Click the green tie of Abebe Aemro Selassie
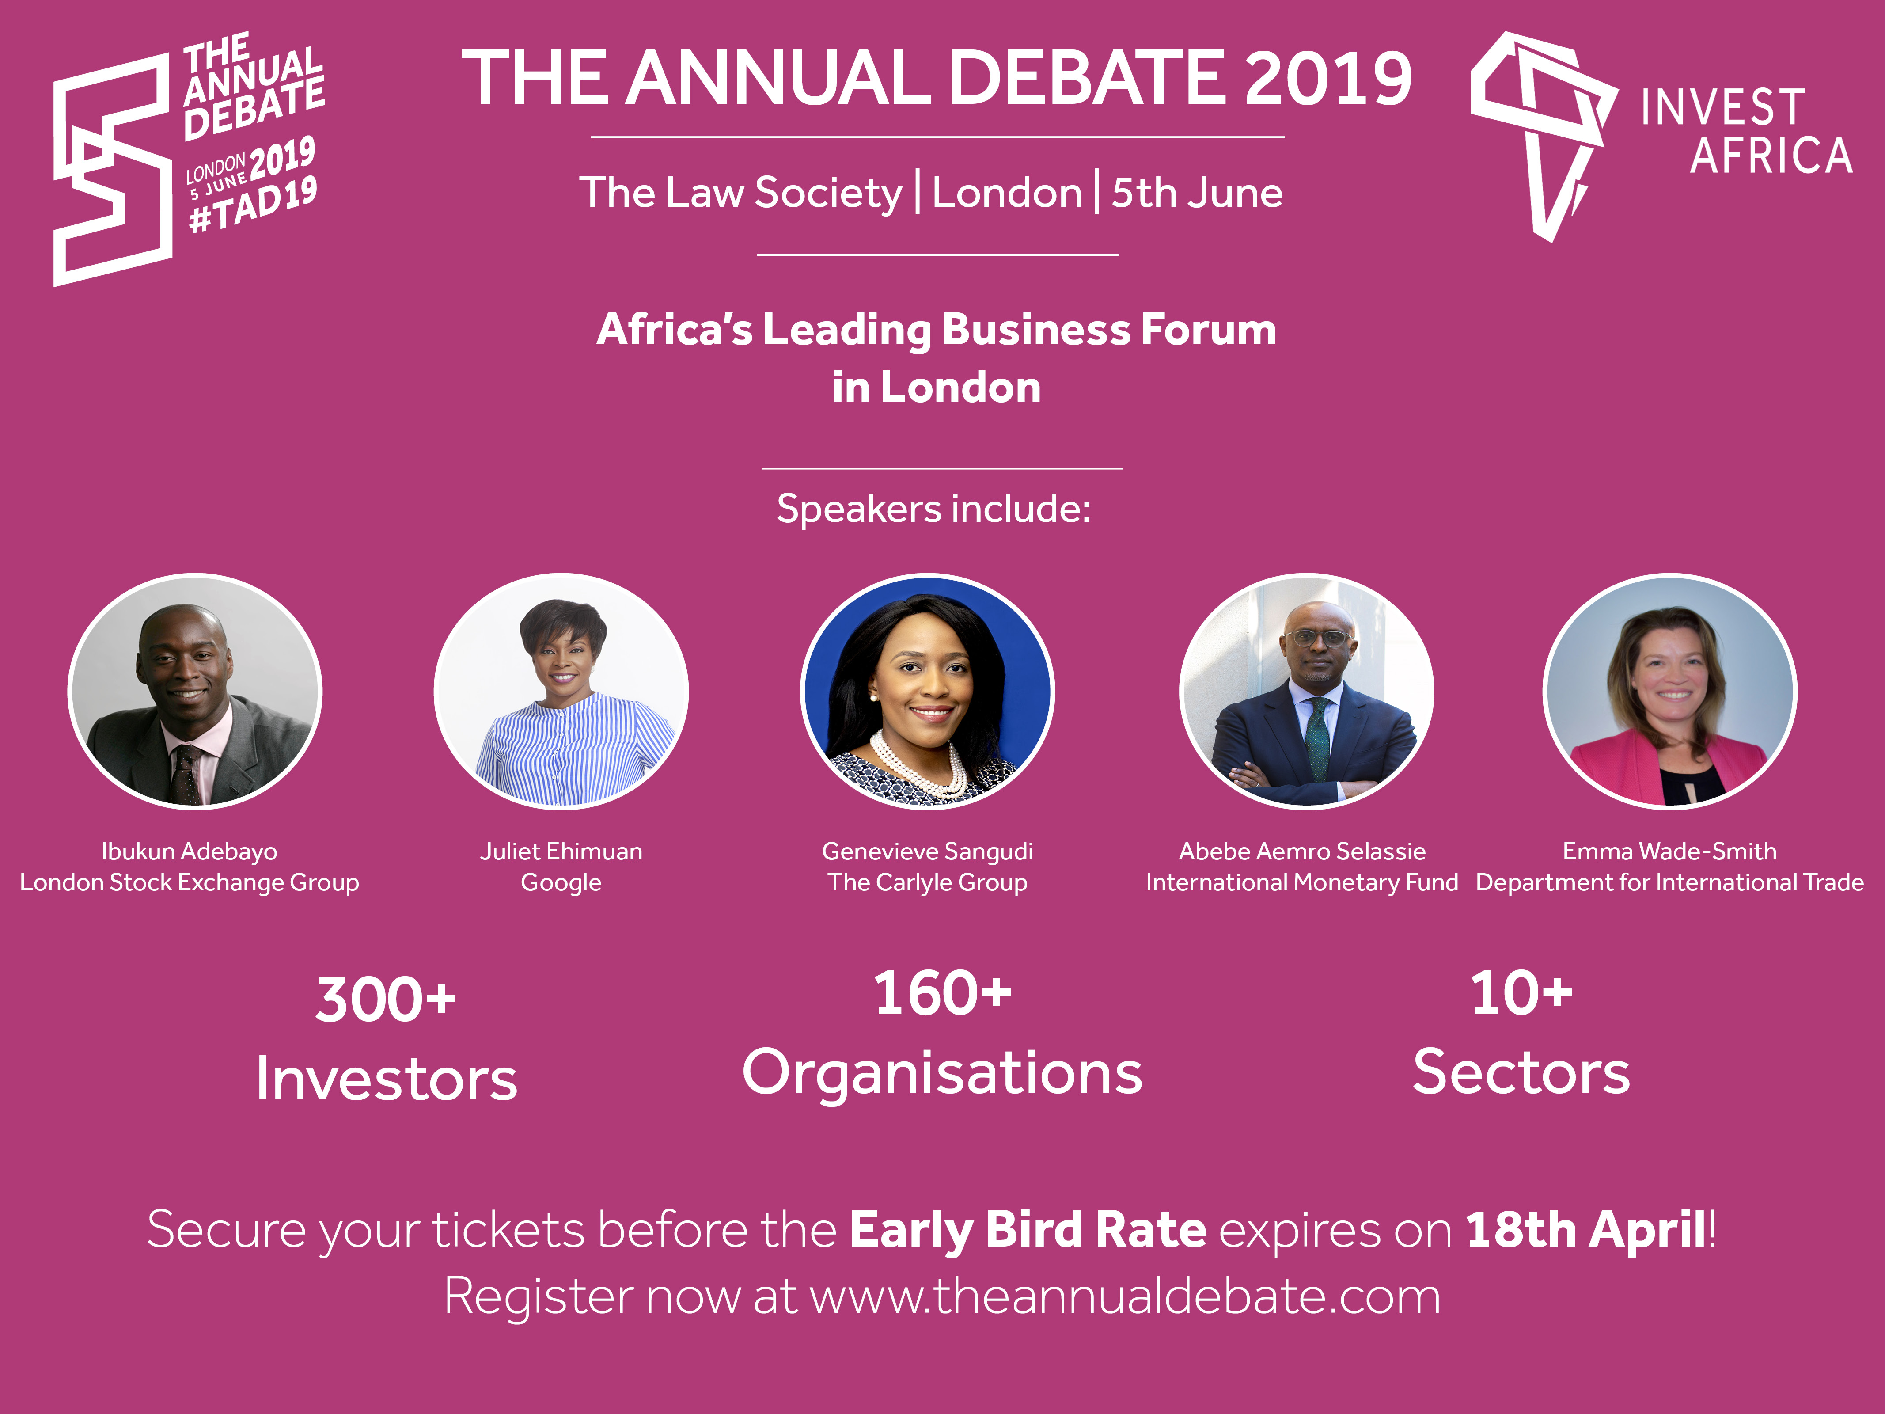click(x=1317, y=737)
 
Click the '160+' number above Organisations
click(x=943, y=993)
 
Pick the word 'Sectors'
click(x=1521, y=1072)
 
